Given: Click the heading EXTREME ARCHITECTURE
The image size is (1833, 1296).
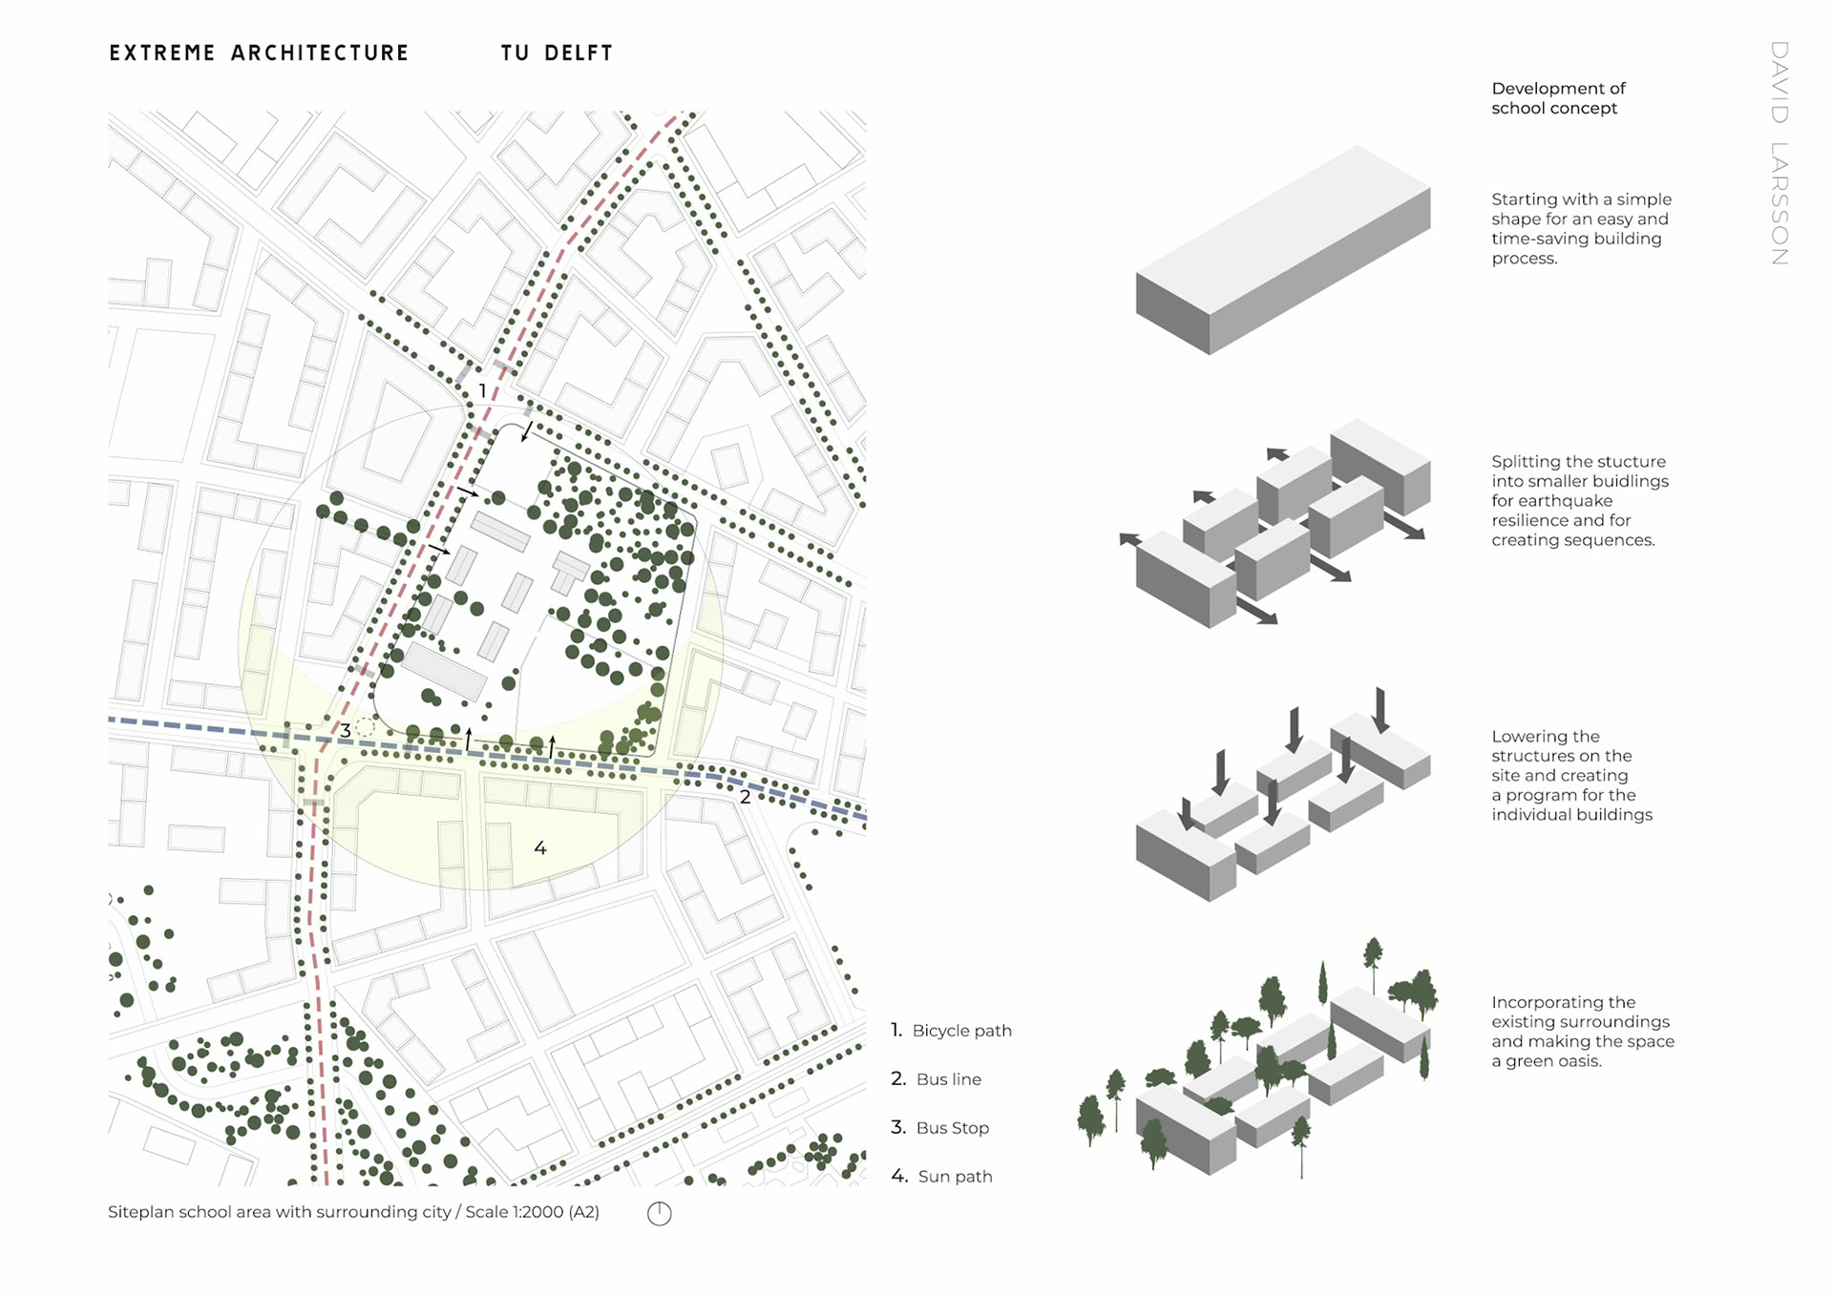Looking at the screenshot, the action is (x=259, y=53).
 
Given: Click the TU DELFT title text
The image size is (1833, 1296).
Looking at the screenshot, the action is (x=557, y=53).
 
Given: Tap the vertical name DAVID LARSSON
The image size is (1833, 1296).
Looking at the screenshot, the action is (x=1779, y=153).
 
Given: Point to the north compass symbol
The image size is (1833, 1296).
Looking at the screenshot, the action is (x=659, y=1213).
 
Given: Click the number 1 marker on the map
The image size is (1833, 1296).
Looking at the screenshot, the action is (x=482, y=391).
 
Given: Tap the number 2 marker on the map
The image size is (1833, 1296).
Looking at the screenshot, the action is (x=745, y=797).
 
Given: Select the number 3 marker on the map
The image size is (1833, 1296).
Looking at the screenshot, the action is (x=345, y=731).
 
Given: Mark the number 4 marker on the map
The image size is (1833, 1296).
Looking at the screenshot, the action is (x=540, y=847).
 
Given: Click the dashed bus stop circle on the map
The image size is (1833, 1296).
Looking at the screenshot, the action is (x=365, y=727).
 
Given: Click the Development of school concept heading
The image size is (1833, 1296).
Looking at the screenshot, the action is (x=1558, y=98).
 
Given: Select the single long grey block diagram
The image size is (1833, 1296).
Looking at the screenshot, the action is (x=1282, y=250).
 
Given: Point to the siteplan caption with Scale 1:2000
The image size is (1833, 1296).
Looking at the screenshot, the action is (x=353, y=1212).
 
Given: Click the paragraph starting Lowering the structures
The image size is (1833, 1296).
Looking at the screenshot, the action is (x=1571, y=775).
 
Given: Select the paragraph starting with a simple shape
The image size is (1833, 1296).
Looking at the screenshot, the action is (x=1581, y=228).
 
